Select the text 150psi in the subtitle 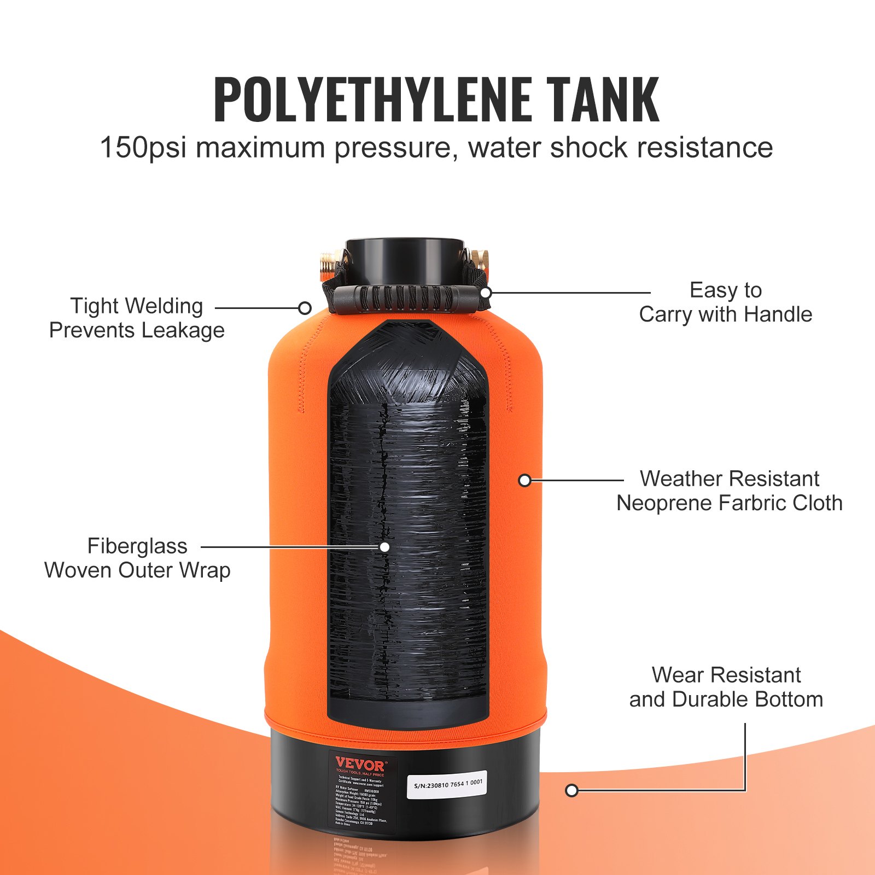[x=144, y=148]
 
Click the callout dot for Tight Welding [x=305, y=308]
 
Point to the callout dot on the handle [x=485, y=293]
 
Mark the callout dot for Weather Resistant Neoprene [x=525, y=481]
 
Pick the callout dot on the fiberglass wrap [x=384, y=547]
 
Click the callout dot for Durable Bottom [x=571, y=790]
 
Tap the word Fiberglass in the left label [x=137, y=546]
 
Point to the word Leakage [x=183, y=330]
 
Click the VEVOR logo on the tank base [x=360, y=764]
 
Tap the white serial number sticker [x=447, y=784]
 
